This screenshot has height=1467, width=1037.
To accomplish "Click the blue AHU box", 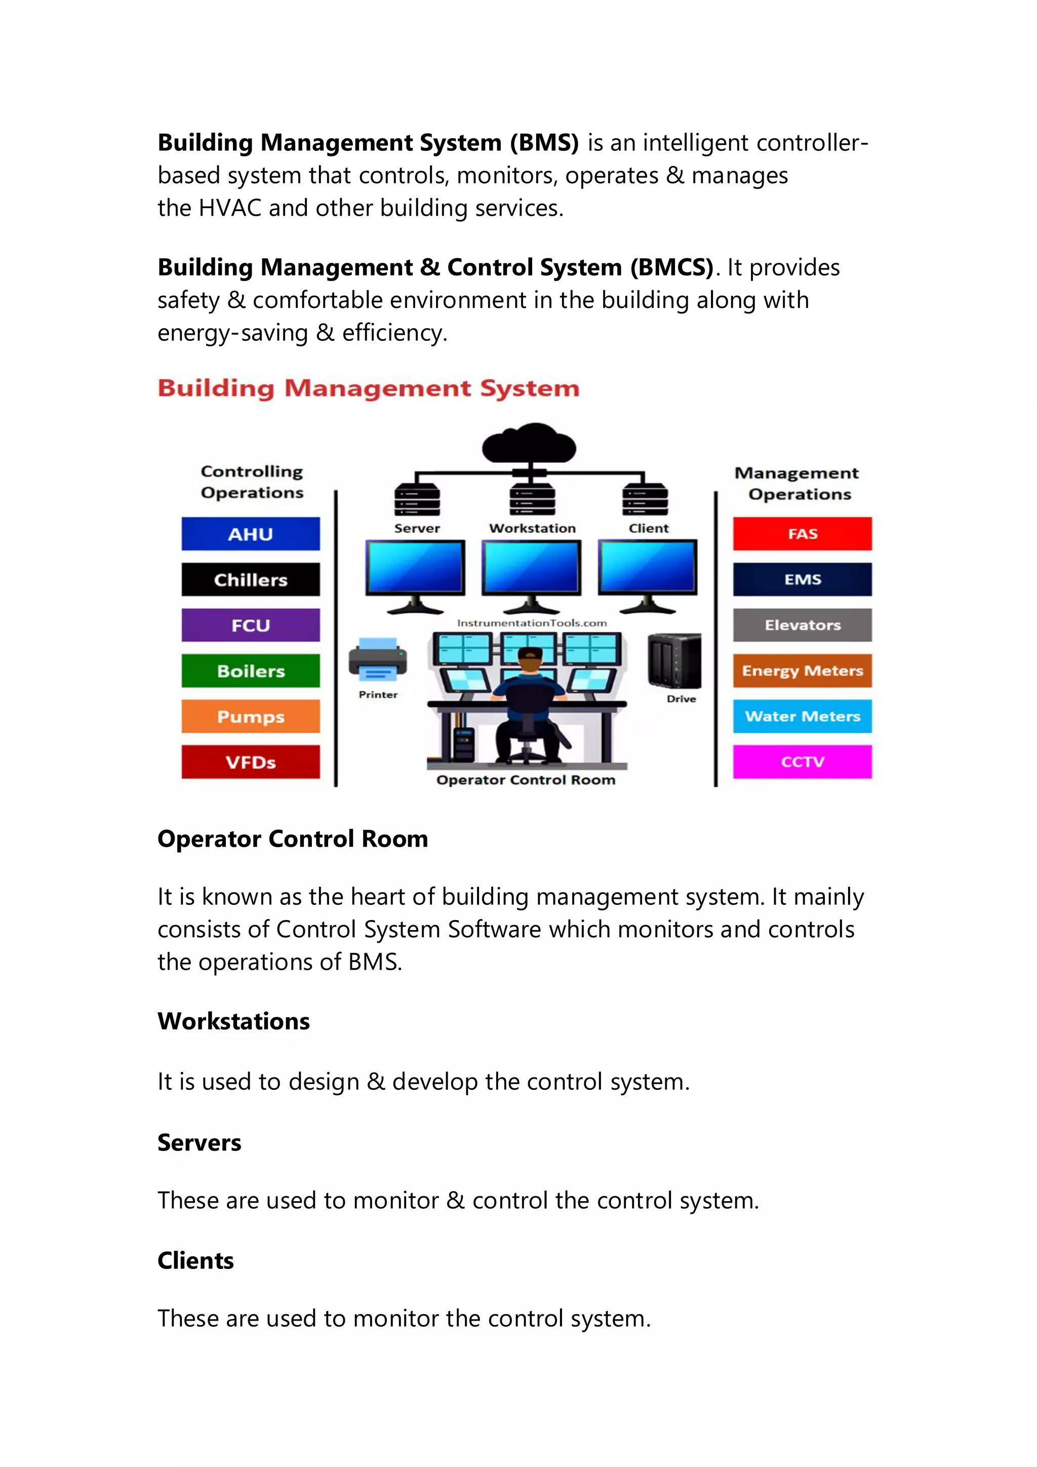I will tap(251, 534).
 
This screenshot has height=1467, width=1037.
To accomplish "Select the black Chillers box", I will tap(251, 579).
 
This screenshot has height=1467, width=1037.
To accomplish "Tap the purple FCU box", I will tap(251, 625).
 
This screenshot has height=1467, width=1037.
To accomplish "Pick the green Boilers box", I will tap(251, 671).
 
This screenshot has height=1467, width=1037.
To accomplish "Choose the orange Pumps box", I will tap(251, 716).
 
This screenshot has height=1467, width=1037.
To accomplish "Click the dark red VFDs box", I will tap(251, 762).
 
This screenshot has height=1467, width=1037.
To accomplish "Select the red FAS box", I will tap(802, 534).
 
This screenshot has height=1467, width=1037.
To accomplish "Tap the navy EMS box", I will tap(802, 579).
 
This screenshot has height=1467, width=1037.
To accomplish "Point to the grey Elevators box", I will tap(802, 625).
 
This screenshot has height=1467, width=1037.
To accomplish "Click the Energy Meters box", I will tap(802, 671).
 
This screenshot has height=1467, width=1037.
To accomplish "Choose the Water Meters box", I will tap(802, 716).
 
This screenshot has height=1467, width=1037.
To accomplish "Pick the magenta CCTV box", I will tap(802, 762).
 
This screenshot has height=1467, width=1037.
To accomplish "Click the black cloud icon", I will tap(529, 443).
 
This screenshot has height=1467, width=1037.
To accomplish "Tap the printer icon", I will tap(378, 660).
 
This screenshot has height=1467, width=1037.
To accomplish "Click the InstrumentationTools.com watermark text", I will tap(532, 623).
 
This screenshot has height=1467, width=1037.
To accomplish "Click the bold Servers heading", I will tap(200, 1142).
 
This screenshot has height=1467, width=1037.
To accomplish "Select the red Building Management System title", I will tap(369, 388).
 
